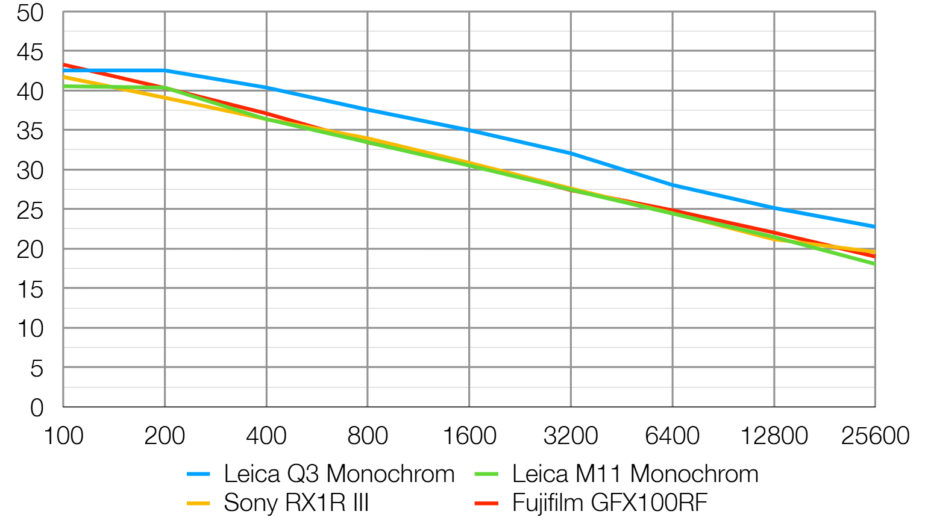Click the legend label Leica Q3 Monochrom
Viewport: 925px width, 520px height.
click(x=339, y=474)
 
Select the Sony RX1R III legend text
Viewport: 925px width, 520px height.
click(x=296, y=503)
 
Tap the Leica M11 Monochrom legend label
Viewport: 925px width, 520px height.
click(x=635, y=474)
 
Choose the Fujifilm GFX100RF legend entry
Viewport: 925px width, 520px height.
click(x=609, y=503)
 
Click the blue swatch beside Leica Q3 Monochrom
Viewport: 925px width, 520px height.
click(x=198, y=474)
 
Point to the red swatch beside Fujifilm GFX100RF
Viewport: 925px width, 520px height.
click(x=486, y=503)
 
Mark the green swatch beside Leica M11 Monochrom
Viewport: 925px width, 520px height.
click(x=486, y=474)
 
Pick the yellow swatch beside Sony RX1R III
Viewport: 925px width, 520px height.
click(x=198, y=503)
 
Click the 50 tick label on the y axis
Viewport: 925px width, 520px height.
click(x=30, y=13)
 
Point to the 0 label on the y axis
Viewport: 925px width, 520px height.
click(x=37, y=408)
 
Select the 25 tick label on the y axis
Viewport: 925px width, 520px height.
click(x=30, y=210)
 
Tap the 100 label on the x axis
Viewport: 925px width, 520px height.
click(x=63, y=436)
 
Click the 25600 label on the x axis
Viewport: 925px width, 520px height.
click(x=874, y=436)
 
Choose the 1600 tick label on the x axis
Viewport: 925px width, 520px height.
click(x=469, y=436)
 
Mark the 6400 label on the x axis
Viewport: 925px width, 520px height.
click(x=672, y=436)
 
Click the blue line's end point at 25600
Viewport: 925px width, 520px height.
click(x=874, y=227)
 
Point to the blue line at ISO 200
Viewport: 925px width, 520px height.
click(x=165, y=70)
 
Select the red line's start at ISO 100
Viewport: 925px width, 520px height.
click(x=64, y=64)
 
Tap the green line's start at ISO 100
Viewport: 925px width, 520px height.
click(x=64, y=86)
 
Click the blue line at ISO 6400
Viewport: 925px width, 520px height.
click(x=673, y=185)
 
